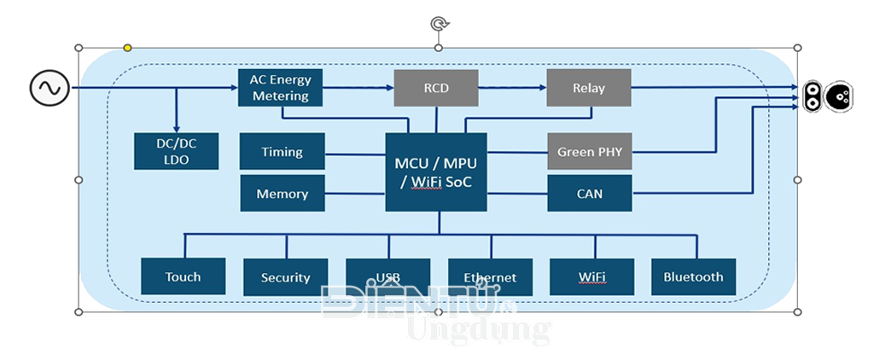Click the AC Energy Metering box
click(x=281, y=88)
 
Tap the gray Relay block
click(x=588, y=88)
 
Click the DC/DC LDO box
click(x=178, y=151)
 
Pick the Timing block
click(x=282, y=152)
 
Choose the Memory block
click(x=282, y=194)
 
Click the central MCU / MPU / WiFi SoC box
click(x=436, y=172)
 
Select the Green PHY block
click(x=589, y=152)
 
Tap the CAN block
click(x=589, y=194)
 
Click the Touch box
click(x=183, y=276)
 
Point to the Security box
click(x=285, y=277)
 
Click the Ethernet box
click(x=490, y=277)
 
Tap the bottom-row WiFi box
click(x=591, y=276)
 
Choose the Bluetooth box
click(x=693, y=276)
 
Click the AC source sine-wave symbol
click(x=50, y=88)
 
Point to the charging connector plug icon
click(x=825, y=96)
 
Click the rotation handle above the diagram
click(x=440, y=24)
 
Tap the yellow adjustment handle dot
click(x=127, y=48)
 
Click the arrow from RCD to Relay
click(x=512, y=88)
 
